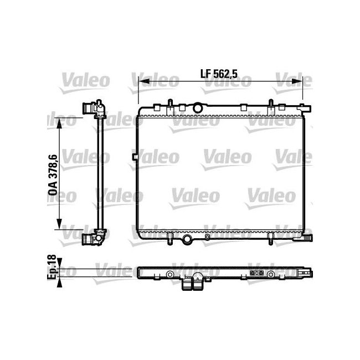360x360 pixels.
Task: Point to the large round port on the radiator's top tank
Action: coord(198,106)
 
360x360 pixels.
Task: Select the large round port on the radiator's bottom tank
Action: coord(188,239)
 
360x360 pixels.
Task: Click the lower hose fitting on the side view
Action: coord(94,239)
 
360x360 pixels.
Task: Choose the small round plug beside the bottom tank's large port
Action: coord(207,238)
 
